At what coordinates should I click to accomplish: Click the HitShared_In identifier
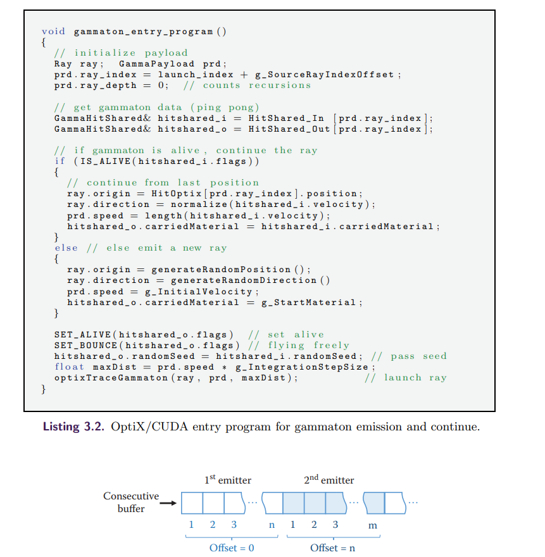[x=286, y=118]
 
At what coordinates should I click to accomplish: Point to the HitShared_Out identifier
[x=289, y=129]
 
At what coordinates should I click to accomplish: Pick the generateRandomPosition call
[x=221, y=270]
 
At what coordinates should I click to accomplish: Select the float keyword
[x=69, y=367]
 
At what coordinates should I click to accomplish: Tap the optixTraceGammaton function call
[x=111, y=378]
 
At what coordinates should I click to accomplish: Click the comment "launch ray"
[x=415, y=378]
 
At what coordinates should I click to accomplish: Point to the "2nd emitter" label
[x=329, y=480]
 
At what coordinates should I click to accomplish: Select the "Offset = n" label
[x=332, y=548]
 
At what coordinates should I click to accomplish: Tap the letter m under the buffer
[x=373, y=525]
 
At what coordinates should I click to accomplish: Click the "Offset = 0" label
[x=232, y=548]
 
